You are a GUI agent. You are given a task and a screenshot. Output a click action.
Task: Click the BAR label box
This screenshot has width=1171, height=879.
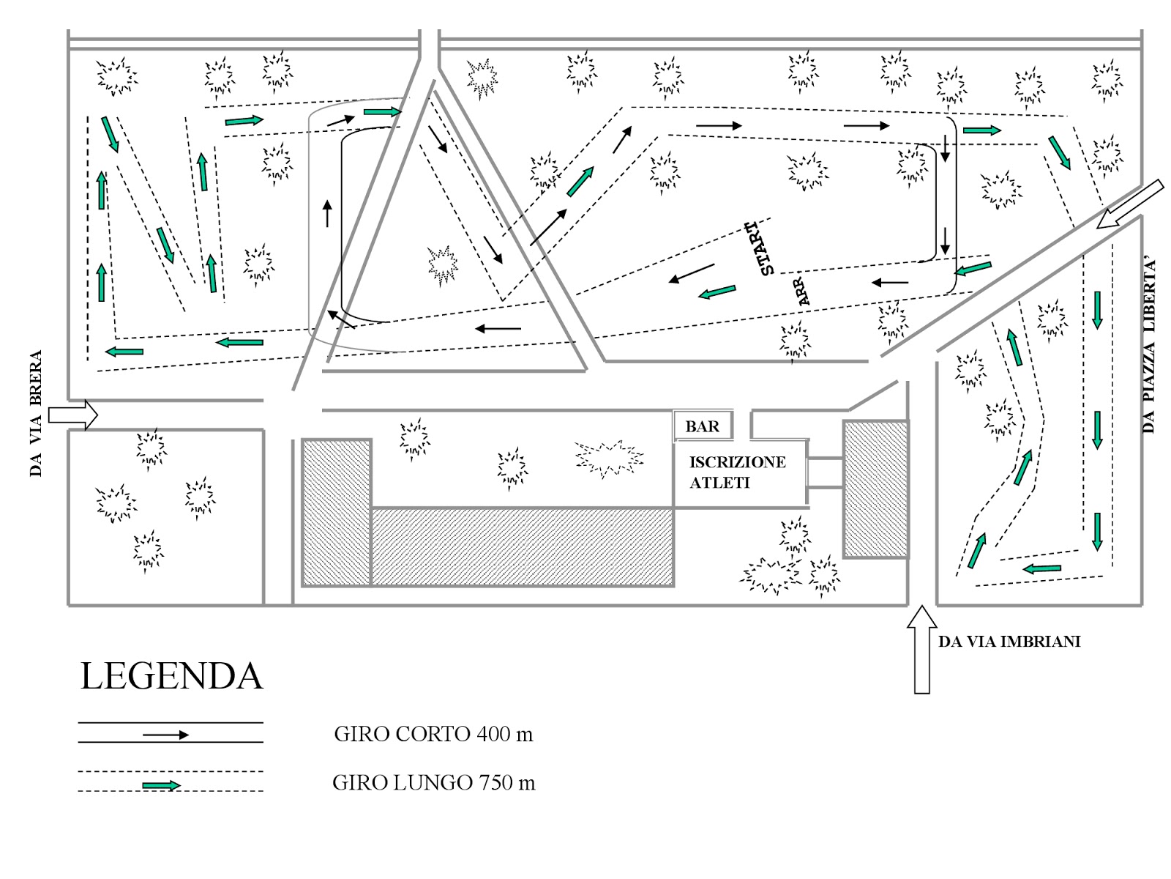(702, 426)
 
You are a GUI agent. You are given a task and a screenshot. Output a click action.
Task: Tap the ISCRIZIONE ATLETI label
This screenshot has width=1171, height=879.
(737, 472)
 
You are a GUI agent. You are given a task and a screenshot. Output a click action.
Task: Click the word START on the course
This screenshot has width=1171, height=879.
(761, 248)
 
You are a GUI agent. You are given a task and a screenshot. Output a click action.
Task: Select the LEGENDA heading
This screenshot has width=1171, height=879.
(171, 676)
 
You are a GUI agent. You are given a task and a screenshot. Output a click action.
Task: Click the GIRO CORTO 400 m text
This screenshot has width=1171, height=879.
(433, 733)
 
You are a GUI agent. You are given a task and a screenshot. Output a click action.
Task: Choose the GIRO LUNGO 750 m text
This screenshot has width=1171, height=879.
(433, 782)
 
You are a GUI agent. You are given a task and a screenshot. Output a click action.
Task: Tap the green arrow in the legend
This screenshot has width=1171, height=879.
(161, 786)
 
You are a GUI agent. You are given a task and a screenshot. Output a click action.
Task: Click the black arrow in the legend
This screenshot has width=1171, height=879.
(165, 735)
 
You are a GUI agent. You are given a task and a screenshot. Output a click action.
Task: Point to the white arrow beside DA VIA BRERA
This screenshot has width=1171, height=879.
(72, 415)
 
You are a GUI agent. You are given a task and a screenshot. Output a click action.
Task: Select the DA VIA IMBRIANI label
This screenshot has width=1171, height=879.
(1009, 642)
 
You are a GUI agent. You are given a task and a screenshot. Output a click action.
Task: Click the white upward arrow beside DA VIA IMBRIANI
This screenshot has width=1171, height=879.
(922, 648)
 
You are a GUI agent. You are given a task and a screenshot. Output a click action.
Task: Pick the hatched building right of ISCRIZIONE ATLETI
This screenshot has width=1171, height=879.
(875, 489)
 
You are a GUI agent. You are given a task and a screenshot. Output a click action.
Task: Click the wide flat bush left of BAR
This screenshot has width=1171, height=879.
(609, 459)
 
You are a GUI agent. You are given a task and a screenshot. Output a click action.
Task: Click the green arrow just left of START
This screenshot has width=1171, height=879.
(717, 292)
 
